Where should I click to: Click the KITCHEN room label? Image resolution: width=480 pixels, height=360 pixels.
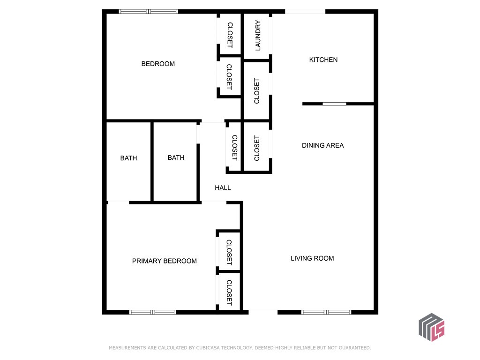(323, 60)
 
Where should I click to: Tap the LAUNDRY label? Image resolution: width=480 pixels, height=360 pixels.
(258, 36)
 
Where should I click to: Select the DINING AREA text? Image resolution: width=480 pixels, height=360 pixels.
(322, 145)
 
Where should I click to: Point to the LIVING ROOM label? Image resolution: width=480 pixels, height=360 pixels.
(312, 258)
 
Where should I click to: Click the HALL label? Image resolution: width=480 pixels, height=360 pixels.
(223, 187)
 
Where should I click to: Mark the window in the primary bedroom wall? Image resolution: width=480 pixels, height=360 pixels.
(152, 312)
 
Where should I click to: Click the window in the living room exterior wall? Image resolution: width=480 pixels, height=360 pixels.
(326, 312)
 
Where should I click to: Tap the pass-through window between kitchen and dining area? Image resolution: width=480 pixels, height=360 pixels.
(334, 104)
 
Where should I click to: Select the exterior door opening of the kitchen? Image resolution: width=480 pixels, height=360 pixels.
(305, 12)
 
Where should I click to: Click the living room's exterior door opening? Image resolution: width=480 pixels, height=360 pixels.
(263, 312)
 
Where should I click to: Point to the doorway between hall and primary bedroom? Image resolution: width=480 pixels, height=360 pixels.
(214, 202)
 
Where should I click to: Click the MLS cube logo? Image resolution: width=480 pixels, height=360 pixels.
(432, 327)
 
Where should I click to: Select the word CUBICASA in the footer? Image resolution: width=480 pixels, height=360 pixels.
(208, 348)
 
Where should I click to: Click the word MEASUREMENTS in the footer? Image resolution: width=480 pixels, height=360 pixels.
(127, 348)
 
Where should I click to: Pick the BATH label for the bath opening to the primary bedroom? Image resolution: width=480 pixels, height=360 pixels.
(128, 158)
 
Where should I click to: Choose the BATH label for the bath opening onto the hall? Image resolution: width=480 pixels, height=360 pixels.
(176, 157)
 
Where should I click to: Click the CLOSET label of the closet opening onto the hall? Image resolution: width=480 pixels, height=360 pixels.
(235, 148)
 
